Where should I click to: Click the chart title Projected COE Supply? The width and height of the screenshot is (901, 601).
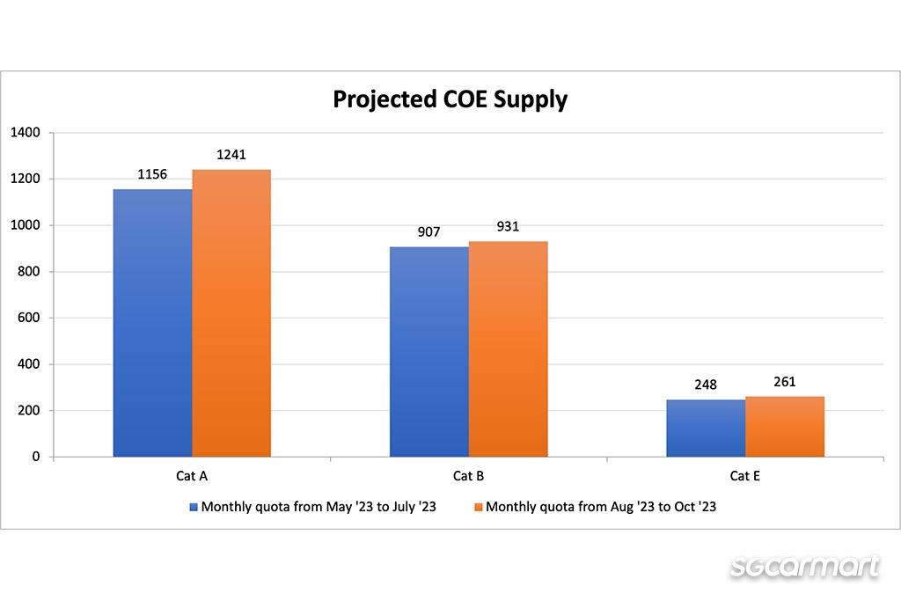pos(450,99)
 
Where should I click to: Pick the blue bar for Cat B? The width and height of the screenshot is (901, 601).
pos(429,352)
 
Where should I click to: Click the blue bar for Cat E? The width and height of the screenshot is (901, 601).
pos(706,429)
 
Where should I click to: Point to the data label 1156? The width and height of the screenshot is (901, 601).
pos(152,174)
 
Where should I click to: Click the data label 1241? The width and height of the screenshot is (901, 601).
pos(231,155)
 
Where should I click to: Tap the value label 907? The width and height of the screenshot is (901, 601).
pos(429,232)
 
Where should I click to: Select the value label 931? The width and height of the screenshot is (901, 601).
pos(508,226)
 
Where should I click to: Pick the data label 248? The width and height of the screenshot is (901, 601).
pos(706,385)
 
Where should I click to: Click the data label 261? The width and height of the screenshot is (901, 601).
pos(785,381)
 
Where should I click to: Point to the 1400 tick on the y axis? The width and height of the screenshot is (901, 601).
pos(25,133)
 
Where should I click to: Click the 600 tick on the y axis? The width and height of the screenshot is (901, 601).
pos(29,318)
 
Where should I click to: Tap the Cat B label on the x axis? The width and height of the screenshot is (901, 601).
pos(468,476)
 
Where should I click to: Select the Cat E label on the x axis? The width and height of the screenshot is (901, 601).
pos(745,476)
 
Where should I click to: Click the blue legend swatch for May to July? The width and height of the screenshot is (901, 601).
pos(194,508)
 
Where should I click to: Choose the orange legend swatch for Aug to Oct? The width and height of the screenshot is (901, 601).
pos(479,508)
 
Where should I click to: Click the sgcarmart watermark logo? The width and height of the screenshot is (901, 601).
pos(804,566)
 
